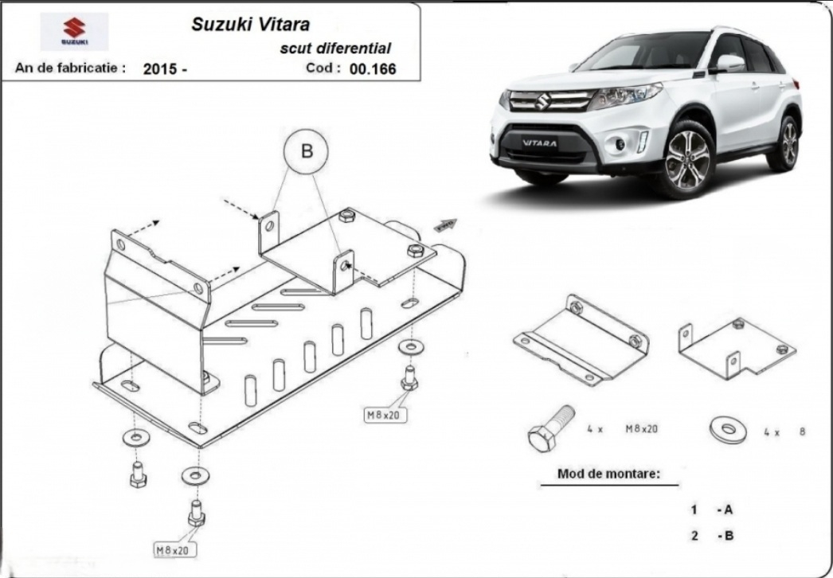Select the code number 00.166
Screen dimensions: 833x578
(x=372, y=68)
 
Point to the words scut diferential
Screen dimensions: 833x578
(x=334, y=48)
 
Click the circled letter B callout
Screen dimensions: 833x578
(x=307, y=150)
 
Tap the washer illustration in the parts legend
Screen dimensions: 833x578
(x=727, y=430)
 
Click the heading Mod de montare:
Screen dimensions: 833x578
(x=608, y=475)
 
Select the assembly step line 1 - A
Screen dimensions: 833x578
(x=711, y=510)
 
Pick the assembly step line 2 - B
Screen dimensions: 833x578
(x=711, y=536)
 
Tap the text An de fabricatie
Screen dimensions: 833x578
(x=70, y=68)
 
